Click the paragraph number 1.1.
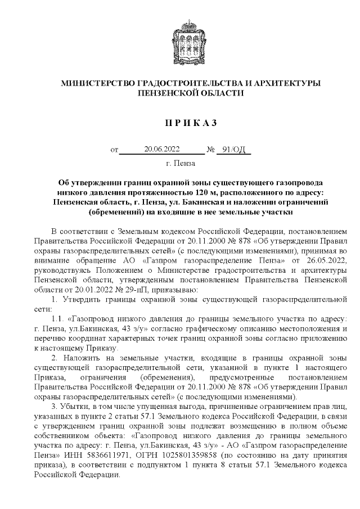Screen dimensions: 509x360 (x=56, y=318)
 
